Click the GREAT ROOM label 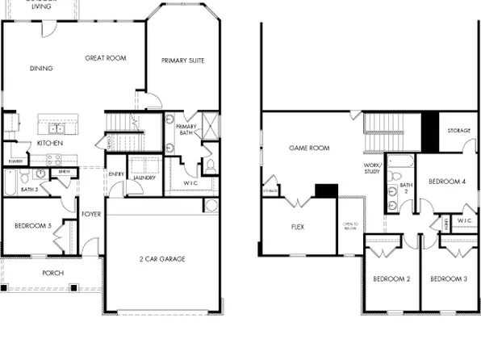[106, 58]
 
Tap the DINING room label [40, 69]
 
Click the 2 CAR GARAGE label [162, 259]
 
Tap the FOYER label [90, 214]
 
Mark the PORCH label [52, 273]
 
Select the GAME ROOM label [310, 149]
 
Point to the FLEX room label [297, 228]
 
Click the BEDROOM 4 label [446, 182]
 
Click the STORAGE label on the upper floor [458, 130]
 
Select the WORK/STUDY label [372, 168]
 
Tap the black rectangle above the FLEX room [326, 190]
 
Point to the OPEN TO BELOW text [349, 225]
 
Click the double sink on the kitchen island [56, 128]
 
